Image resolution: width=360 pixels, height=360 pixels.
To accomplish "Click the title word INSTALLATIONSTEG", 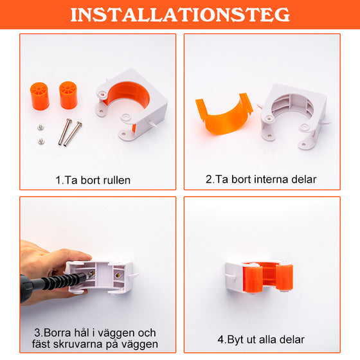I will (180, 15).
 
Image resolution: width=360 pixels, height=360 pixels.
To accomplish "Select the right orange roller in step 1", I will (67, 95).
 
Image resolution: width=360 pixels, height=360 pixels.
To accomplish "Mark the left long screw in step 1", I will (66, 133).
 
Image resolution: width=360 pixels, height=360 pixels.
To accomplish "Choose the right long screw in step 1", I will (76, 132).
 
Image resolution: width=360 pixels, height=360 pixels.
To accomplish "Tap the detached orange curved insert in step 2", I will (222, 116).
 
